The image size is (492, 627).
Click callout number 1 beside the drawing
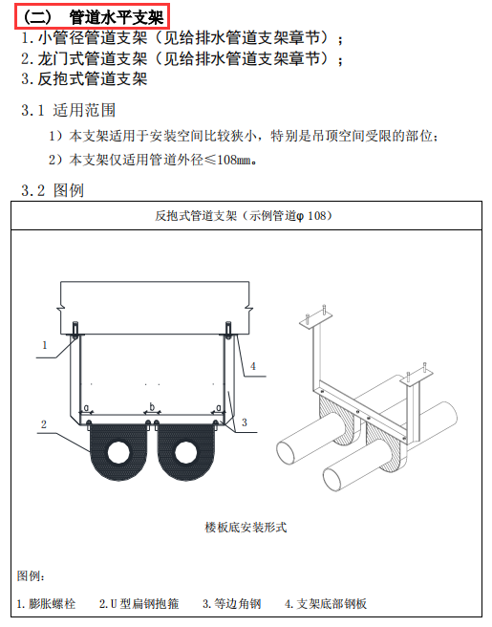pos(44,343)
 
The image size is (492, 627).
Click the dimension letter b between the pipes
pos(151,407)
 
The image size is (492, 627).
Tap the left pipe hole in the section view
pos(118,451)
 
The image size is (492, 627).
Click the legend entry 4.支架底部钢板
pos(325,604)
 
